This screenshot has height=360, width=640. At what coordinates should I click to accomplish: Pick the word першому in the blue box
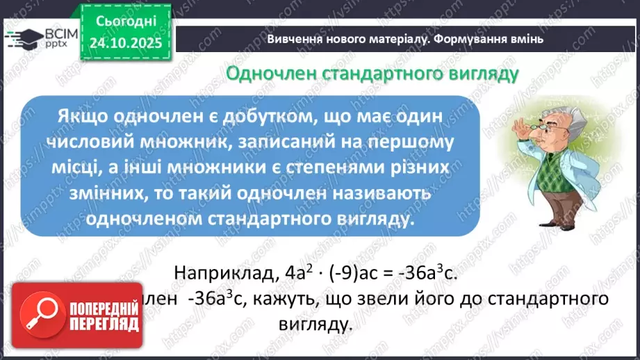tap(411, 143)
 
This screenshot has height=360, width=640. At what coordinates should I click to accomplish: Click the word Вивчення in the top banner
tap(295, 39)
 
